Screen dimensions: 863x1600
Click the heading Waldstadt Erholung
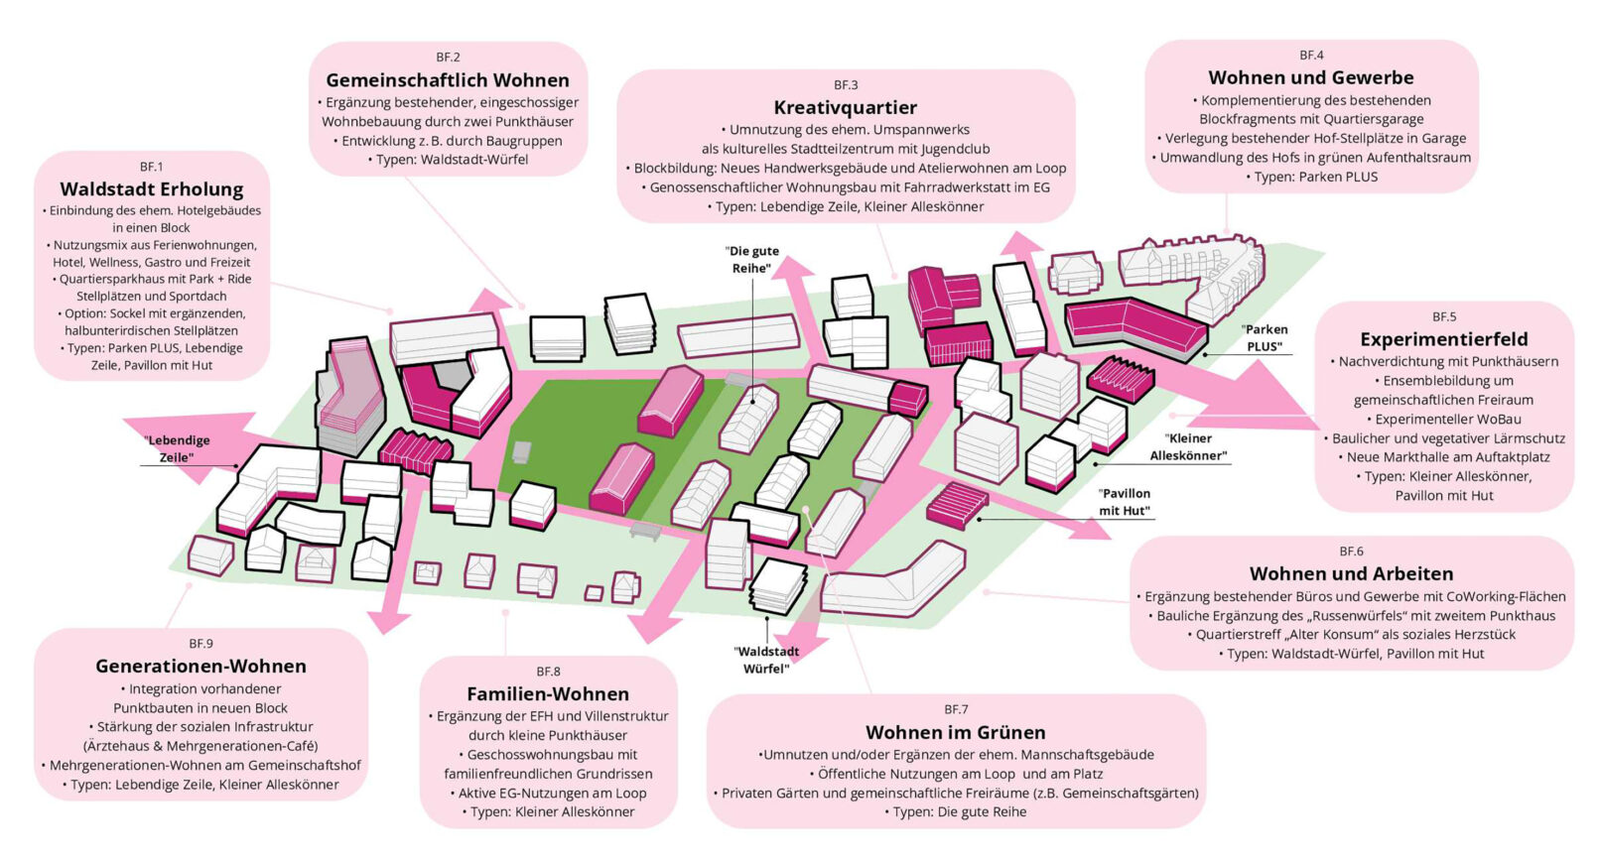[151, 188]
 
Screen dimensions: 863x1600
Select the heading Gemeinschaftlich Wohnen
[448, 80]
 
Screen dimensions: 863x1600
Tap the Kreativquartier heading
[845, 107]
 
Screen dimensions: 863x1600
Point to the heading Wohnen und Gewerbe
[1310, 77]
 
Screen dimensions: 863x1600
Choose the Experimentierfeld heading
[1443, 339]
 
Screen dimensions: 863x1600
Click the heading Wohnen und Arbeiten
[1351, 573]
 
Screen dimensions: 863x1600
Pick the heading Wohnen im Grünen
[955, 732]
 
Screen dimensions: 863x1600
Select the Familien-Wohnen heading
[548, 693]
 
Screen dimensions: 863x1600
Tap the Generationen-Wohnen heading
[200, 666]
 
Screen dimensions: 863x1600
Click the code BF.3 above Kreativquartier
[846, 85]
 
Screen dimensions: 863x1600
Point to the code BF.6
[1351, 552]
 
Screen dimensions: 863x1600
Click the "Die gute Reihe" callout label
[753, 260]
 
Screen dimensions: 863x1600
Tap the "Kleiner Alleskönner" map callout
[1188, 446]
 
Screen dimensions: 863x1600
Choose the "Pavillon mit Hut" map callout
[1124, 502]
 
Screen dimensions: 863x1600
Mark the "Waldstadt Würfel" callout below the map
[766, 660]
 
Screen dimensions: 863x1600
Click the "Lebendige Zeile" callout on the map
[177, 448]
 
